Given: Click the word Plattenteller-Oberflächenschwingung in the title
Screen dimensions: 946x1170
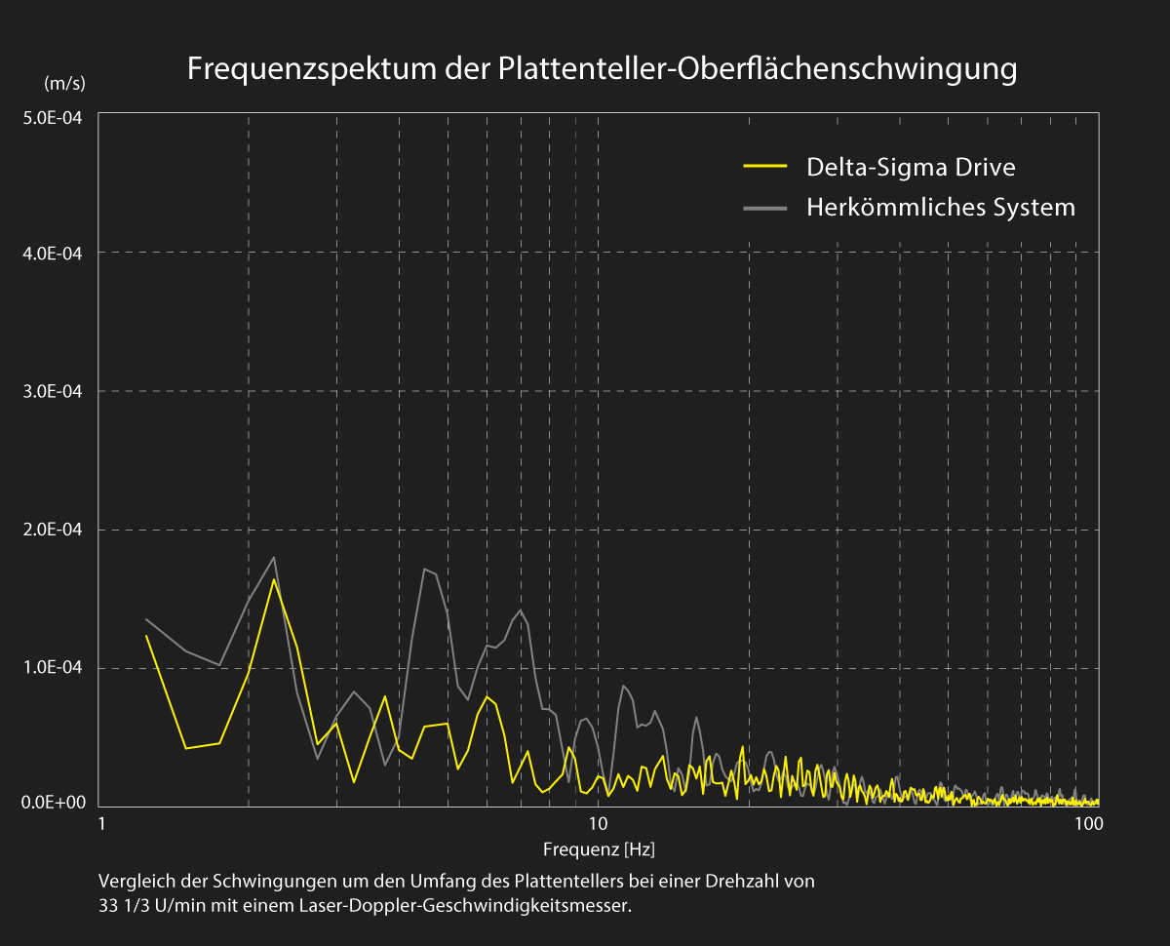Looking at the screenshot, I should click(758, 70).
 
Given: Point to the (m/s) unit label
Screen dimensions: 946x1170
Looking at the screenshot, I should click(64, 84).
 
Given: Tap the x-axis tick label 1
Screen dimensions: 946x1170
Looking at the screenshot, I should click(101, 823).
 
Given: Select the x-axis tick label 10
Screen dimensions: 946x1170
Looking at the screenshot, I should click(598, 823).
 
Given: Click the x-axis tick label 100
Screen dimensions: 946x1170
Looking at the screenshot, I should click(1088, 823).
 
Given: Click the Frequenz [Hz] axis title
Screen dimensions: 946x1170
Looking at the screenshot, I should click(599, 848).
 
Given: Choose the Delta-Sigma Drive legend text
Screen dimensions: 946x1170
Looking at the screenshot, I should click(911, 167).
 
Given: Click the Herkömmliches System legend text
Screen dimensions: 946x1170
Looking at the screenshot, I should click(940, 207).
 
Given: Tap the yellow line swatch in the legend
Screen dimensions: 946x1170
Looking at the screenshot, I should click(764, 167).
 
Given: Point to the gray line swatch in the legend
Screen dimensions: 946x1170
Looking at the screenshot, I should click(764, 207).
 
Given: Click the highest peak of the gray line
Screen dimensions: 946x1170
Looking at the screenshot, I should click(274, 557).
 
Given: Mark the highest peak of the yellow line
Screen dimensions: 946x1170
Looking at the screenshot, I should click(274, 579).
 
